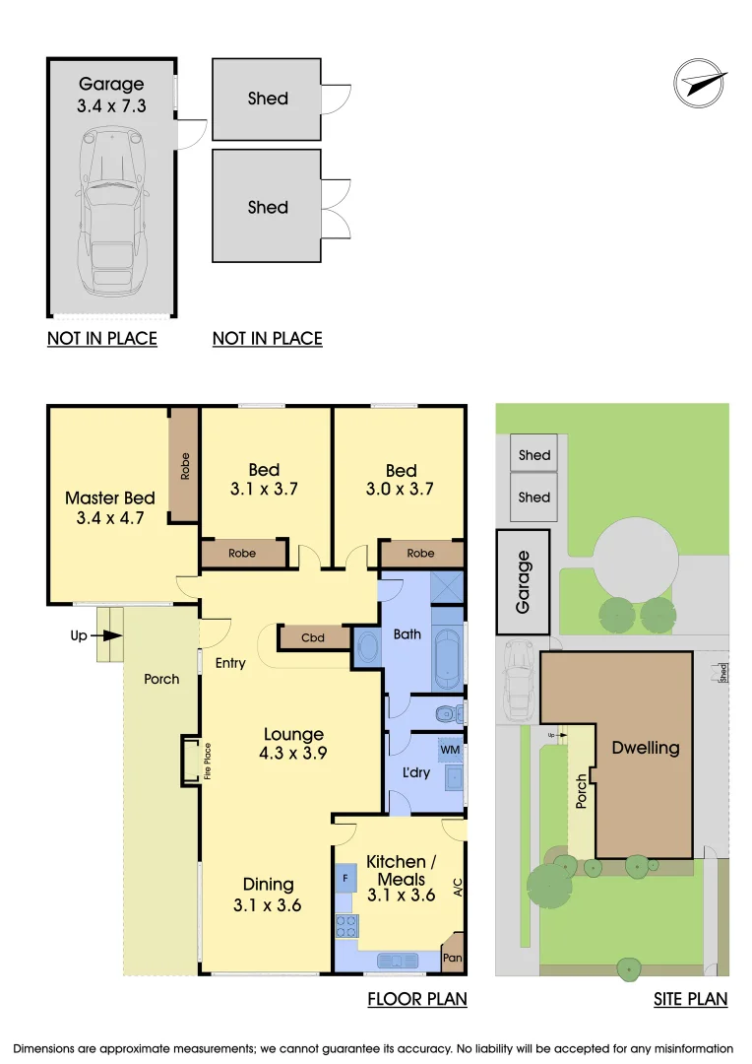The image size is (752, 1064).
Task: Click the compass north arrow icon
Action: click(700, 80)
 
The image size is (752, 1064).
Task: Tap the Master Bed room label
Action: click(110, 506)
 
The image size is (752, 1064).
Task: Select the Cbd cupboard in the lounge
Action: click(312, 638)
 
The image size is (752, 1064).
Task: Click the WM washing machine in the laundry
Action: click(450, 750)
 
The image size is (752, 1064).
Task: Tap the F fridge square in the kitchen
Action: click(345, 876)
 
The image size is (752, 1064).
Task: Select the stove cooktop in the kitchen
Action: click(346, 925)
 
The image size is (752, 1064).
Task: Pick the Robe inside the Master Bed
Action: click(184, 466)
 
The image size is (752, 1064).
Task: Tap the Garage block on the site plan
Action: click(524, 582)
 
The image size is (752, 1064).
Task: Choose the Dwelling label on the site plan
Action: click(646, 748)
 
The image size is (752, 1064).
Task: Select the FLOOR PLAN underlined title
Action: click(417, 999)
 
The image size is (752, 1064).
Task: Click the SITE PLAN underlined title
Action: click(691, 999)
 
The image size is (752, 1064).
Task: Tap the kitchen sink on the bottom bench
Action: click(398, 959)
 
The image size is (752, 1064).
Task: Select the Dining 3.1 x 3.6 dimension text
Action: click(268, 894)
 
